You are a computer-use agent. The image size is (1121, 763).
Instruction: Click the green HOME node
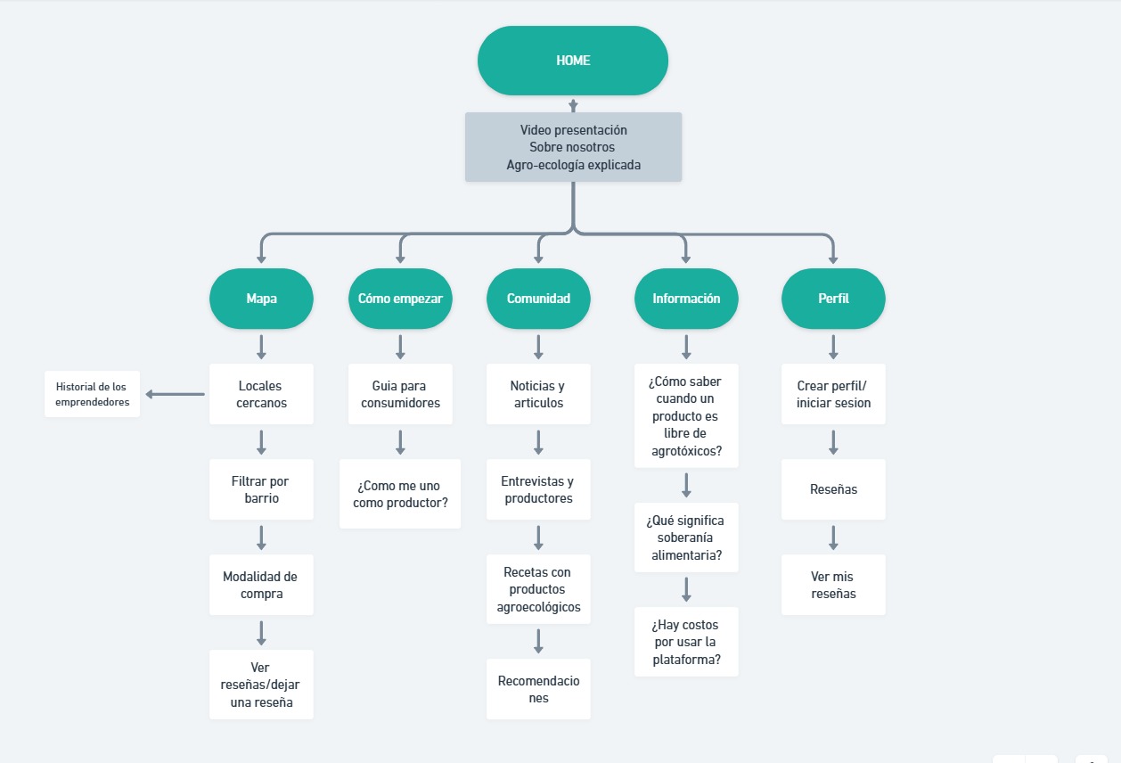pos(573,61)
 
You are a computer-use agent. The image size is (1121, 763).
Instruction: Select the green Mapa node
pos(261,299)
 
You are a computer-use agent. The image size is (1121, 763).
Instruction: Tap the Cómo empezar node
pos(400,299)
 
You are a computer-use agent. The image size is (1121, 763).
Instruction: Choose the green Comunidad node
pos(538,299)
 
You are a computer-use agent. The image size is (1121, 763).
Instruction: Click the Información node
pos(686,299)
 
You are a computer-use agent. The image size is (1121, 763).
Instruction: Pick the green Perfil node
pos(833,299)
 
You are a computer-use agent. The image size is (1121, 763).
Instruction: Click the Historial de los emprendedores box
pos(93,394)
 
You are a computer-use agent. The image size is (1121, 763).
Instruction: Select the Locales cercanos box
pos(261,394)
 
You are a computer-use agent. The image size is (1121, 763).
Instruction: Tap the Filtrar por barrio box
pos(261,489)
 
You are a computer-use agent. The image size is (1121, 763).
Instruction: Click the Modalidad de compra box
pos(261,585)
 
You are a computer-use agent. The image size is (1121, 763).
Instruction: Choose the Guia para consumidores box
pos(400,394)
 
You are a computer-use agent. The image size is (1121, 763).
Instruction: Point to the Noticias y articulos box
pos(538,394)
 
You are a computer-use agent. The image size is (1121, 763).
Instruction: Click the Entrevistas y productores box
pos(538,489)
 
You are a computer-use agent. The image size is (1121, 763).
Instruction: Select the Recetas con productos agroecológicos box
pos(538,589)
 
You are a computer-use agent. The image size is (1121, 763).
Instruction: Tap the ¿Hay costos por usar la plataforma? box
pos(686,642)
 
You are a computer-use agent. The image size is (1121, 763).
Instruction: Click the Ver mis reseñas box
pos(833,585)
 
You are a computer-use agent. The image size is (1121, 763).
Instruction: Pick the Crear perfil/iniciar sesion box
pos(833,394)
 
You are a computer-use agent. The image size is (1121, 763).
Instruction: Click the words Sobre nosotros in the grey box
pos(572,147)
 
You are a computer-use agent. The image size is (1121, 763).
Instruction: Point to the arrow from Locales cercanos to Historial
pos(175,394)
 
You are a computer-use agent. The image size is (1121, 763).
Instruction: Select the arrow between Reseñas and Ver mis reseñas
pos(833,537)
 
